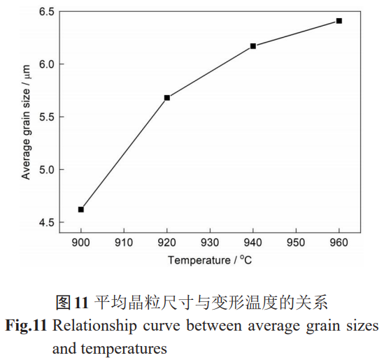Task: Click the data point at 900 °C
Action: click(x=81, y=210)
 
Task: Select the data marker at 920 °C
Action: click(x=167, y=98)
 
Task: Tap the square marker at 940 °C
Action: click(x=253, y=46)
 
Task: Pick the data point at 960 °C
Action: click(x=339, y=21)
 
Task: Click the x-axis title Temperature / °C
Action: click(x=210, y=261)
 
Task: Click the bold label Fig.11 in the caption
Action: click(x=27, y=326)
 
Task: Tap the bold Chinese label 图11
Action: click(x=72, y=303)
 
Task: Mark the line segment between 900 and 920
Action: click(x=125, y=154)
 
